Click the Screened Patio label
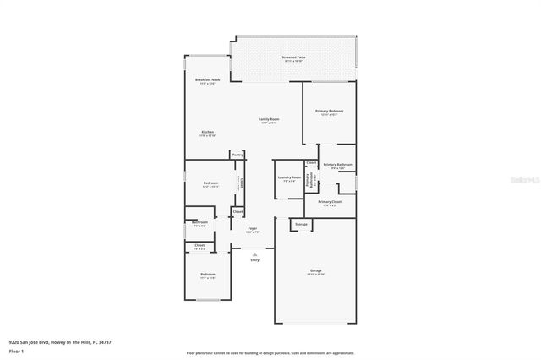[294, 57]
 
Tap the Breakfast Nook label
[208, 79]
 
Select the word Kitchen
[207, 132]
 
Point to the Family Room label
[269, 119]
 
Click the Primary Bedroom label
[329, 111]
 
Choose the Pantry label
[238, 155]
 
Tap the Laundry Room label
[289, 177]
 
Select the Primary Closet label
[330, 202]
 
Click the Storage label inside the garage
[301, 225]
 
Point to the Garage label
[315, 270]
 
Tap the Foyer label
[252, 228]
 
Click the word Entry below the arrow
[254, 260]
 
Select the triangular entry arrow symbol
[254, 253]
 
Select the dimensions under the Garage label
[315, 275]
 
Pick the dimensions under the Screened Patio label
[294, 61]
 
